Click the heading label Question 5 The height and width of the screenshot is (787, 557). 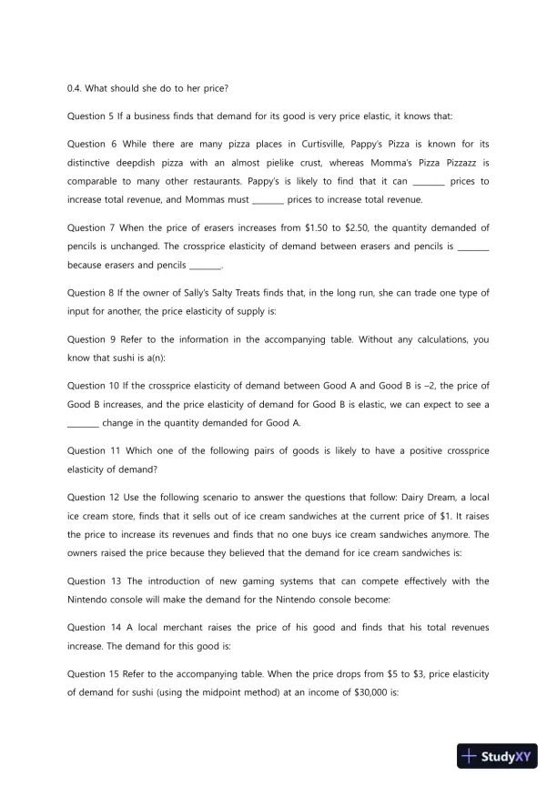(92, 116)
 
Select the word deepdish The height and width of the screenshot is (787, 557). (128, 163)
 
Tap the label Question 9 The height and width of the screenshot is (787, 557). (92, 339)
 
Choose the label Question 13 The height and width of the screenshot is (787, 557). (94, 581)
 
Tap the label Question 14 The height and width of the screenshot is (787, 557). (94, 628)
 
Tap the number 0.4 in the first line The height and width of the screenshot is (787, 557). (75, 88)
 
